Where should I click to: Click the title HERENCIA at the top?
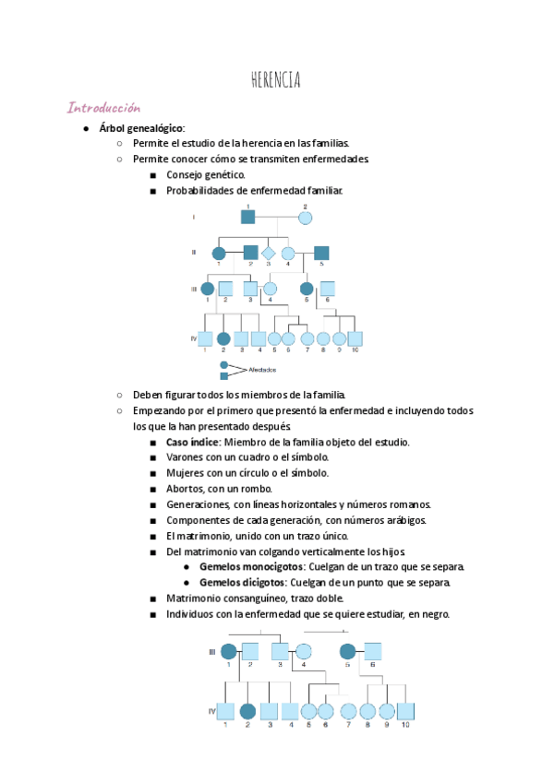(x=275, y=81)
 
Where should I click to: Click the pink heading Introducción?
(x=103, y=108)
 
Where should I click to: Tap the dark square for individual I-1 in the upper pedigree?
(x=247, y=218)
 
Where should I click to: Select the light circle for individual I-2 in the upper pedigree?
(x=306, y=218)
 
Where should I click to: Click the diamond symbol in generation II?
(x=269, y=253)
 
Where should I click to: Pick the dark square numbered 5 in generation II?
(x=321, y=253)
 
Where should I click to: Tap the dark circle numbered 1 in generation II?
(x=219, y=253)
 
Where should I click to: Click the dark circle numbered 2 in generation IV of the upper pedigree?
(x=223, y=338)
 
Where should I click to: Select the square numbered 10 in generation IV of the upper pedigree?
(x=355, y=338)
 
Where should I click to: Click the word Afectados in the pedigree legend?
(x=263, y=370)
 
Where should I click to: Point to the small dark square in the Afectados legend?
(x=223, y=376)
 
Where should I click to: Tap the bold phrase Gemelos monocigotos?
(x=251, y=566)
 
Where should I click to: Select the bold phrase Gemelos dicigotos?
(x=243, y=582)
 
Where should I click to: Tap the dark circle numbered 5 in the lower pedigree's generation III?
(x=347, y=651)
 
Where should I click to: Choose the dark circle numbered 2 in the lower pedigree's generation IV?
(x=247, y=711)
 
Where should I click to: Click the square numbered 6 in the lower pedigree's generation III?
(x=372, y=651)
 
